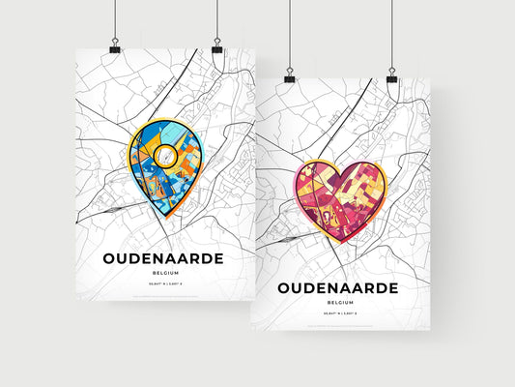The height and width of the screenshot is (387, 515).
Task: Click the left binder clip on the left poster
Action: click(115, 46)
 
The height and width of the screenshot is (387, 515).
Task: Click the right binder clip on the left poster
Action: click(216, 46)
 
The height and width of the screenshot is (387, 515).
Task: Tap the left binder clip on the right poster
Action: click(289, 76)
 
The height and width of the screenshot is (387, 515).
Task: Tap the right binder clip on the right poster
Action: click(391, 75)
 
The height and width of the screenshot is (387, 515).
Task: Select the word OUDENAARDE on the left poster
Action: click(165, 258)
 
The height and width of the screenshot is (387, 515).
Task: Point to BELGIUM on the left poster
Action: click(165, 275)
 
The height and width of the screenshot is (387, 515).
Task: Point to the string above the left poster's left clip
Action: click(115, 19)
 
